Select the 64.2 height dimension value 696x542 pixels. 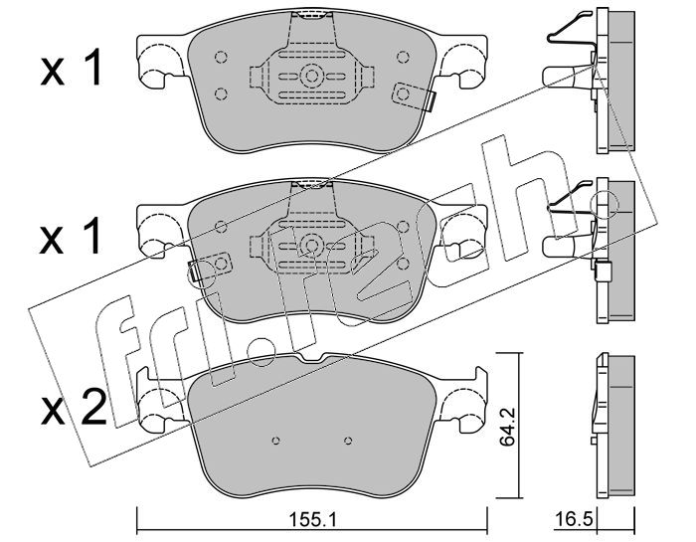click(x=506, y=428)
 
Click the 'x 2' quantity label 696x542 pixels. click(x=74, y=408)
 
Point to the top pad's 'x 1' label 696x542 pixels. click(x=72, y=68)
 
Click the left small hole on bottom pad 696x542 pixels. click(x=275, y=441)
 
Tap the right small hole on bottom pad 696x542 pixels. click(x=348, y=441)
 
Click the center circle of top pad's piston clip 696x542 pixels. click(x=311, y=76)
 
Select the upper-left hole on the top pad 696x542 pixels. click(x=221, y=58)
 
